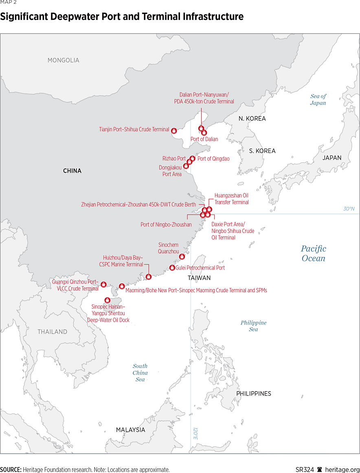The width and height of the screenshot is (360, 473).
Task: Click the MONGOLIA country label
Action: coord(63,60)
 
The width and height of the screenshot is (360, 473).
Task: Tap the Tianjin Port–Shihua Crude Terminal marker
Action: coord(174,131)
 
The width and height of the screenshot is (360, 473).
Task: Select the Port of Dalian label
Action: coord(204,139)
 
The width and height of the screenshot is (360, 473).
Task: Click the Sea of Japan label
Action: coord(318,100)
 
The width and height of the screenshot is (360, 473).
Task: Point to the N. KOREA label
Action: coord(252,119)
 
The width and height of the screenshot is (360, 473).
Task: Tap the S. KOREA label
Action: coord(262,151)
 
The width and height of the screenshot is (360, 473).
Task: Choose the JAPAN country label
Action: coord(331,158)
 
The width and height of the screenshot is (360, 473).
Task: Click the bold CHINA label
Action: coord(72,171)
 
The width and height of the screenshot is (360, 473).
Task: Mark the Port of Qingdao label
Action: coord(213,159)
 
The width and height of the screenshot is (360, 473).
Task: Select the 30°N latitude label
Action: coord(349,209)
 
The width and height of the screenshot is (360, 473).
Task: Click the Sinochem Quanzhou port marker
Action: coord(182,257)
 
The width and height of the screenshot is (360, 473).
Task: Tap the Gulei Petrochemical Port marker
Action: coord(172,267)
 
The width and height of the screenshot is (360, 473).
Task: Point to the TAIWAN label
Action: coord(199,278)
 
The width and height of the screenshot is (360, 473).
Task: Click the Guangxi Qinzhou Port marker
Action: coord(103,284)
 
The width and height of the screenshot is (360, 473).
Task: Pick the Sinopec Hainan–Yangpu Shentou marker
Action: coord(108,300)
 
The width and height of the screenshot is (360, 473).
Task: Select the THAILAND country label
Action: coord(53,332)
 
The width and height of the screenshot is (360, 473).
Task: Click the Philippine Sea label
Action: coord(253,326)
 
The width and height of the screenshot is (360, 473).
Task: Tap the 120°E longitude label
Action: coord(195,433)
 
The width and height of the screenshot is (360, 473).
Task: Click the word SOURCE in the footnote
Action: coord(11,470)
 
